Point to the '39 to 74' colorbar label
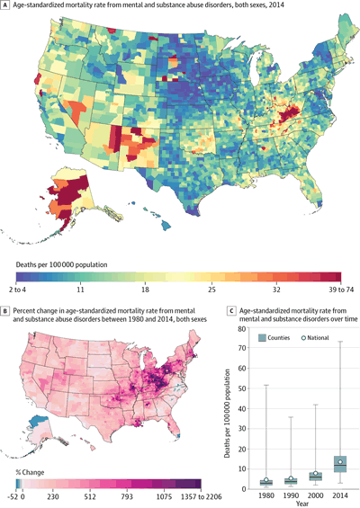[334, 292]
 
